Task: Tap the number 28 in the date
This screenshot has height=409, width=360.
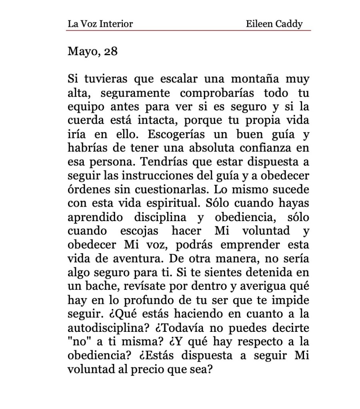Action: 110,52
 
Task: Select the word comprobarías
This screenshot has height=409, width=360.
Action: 216,94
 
